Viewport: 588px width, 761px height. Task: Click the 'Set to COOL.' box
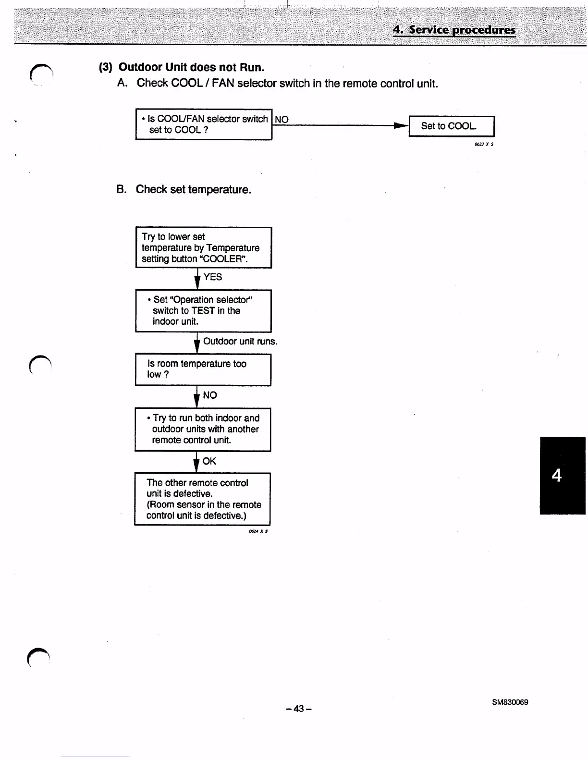[451, 126]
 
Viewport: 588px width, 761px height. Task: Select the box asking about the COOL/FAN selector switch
[204, 124]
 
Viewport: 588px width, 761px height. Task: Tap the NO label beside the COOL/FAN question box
[282, 120]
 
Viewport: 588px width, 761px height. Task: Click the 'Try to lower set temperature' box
[204, 247]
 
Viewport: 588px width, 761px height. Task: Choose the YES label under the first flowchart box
[212, 277]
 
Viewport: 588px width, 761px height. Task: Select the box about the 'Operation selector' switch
[203, 311]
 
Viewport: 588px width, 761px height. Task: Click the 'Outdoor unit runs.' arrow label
[240, 342]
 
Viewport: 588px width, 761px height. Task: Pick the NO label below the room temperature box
[209, 395]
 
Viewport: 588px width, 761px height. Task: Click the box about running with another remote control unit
[203, 430]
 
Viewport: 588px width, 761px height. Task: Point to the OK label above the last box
[209, 461]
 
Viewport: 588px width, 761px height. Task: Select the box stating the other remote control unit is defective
[202, 499]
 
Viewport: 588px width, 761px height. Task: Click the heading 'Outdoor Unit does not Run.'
[191, 67]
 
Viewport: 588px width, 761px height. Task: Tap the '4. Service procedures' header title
[454, 30]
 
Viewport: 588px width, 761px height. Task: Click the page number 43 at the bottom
[298, 709]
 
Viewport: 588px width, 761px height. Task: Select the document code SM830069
[510, 702]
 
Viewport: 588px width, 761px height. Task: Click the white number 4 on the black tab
[556, 476]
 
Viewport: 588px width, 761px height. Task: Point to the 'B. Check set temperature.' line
[184, 189]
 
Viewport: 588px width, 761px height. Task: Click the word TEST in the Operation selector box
[203, 311]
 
